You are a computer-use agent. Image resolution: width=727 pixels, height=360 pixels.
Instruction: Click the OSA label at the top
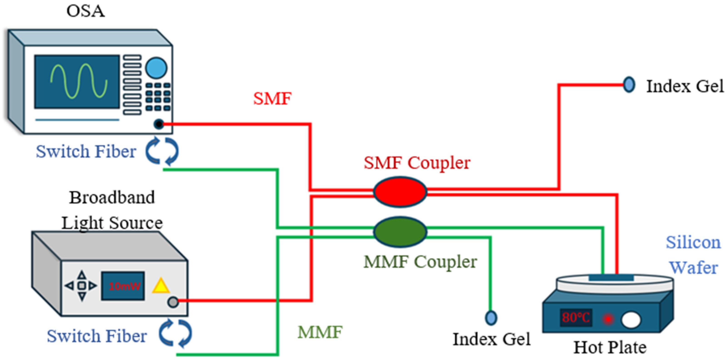pos(86,11)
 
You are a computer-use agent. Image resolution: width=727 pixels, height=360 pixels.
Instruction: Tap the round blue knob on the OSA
pos(156,68)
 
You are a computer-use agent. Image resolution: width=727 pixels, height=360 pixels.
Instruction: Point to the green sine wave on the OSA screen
pos(79,81)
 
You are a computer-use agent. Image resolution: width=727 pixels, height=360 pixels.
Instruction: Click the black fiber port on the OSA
pos(159,124)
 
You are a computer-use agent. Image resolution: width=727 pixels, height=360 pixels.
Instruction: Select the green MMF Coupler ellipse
pos(400,232)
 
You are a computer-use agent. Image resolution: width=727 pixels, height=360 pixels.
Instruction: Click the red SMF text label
pos(272,99)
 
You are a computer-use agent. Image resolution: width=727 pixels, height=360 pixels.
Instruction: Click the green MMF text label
pos(320,332)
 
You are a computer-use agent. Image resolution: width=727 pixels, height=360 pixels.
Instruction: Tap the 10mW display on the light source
pos(123,286)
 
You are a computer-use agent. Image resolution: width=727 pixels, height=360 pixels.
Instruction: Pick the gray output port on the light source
pos(173,302)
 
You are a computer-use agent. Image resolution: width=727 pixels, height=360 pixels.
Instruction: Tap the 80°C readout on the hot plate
pos(576,318)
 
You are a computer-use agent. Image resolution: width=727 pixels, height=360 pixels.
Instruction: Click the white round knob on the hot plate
pos(631,320)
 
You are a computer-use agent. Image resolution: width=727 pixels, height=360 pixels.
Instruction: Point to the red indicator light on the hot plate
pos(608,319)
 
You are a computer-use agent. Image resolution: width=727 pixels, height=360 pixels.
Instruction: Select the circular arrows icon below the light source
pos(175,333)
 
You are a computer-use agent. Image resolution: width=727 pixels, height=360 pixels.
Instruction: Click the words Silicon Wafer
pos(693,255)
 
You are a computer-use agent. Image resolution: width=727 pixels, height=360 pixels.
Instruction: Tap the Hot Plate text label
pos(610,347)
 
